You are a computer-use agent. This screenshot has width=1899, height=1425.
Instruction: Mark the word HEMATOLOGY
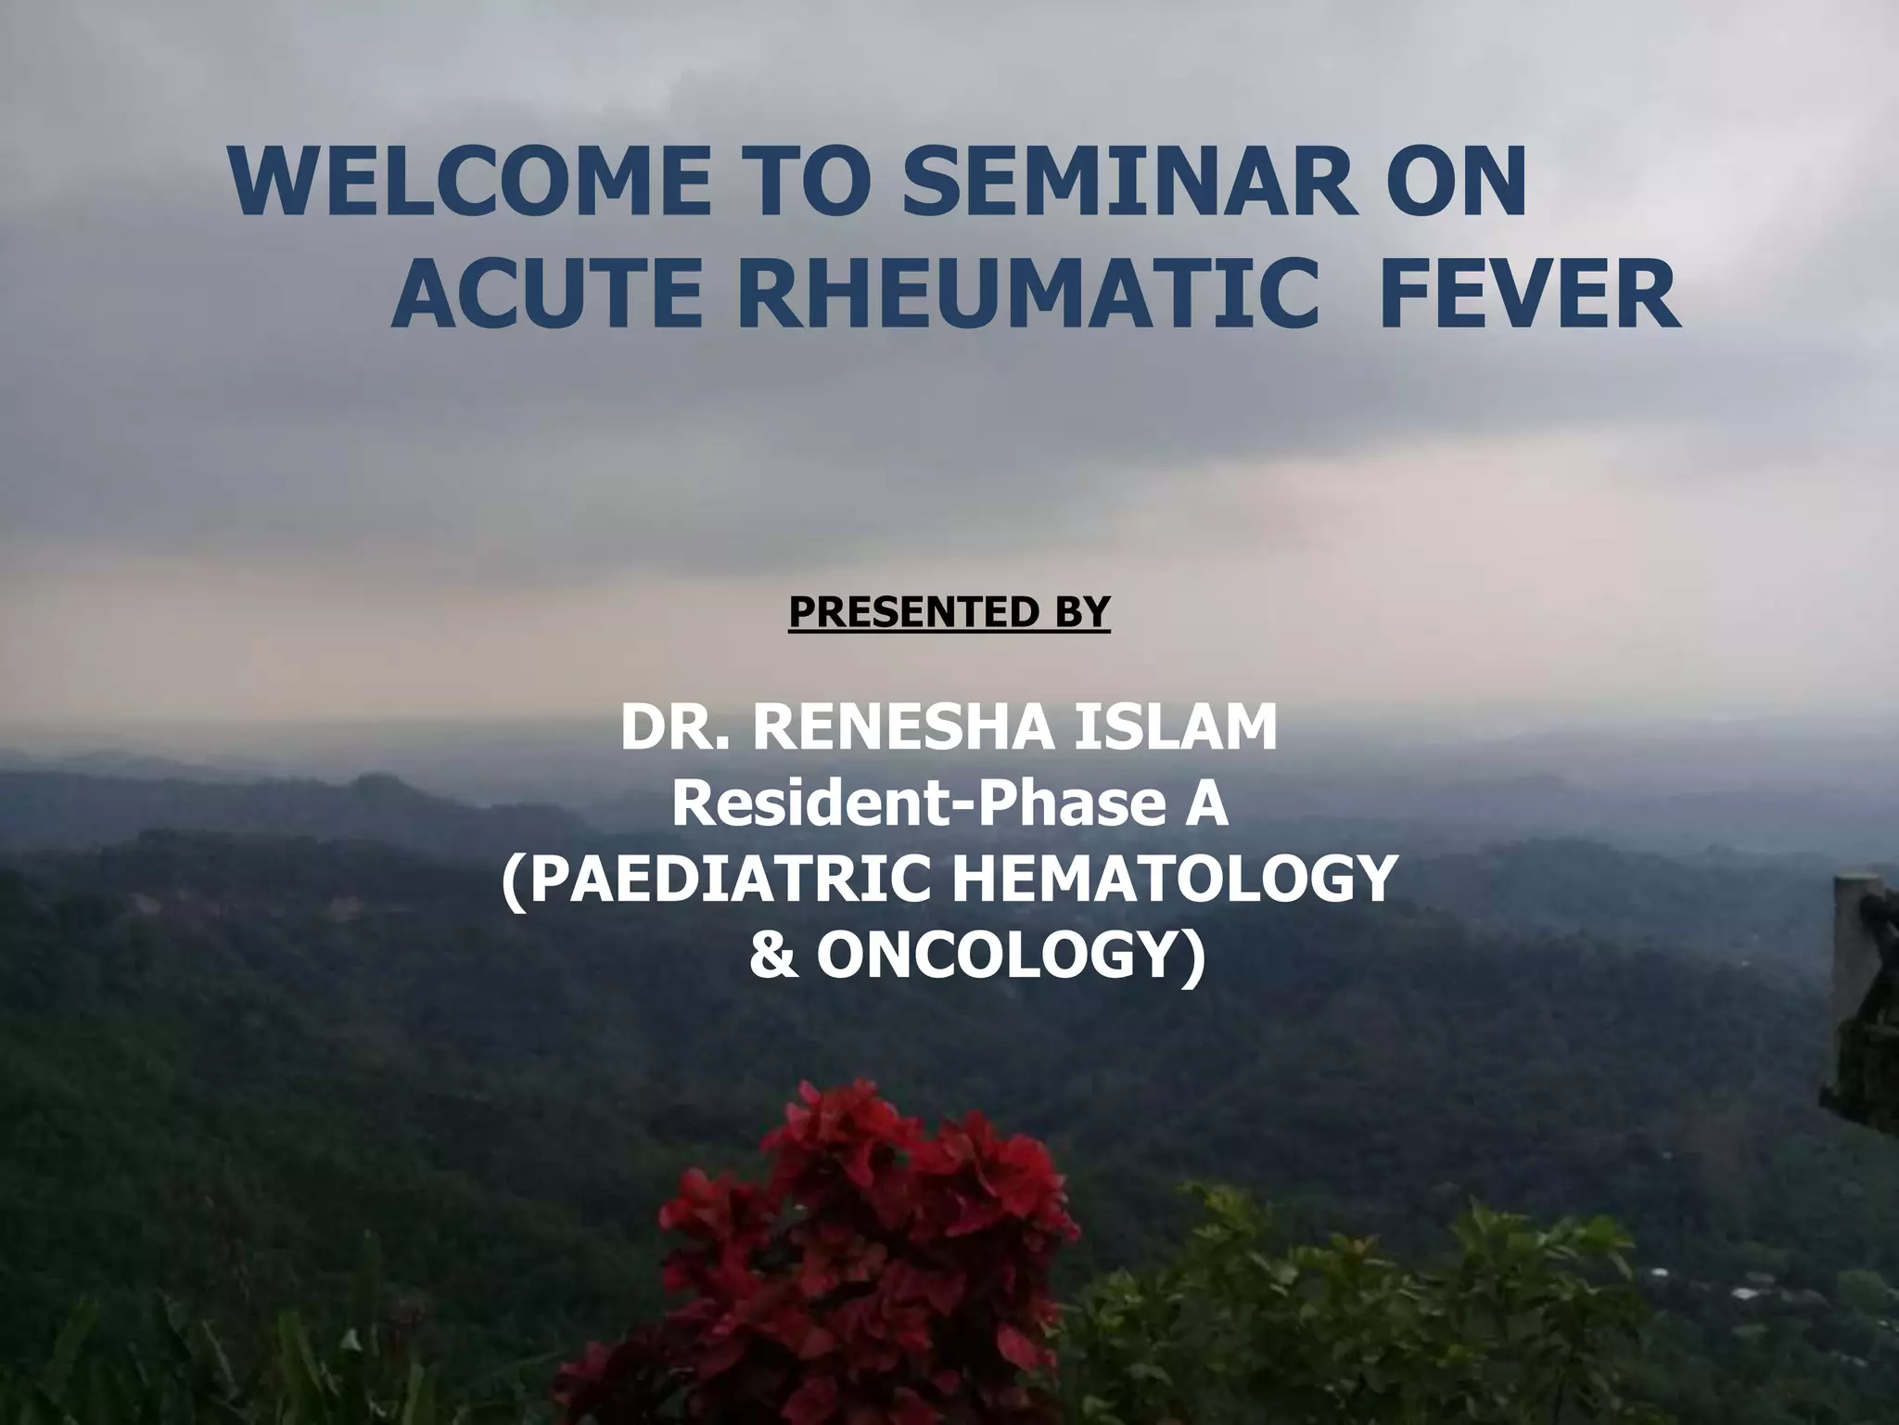click(1169, 880)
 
